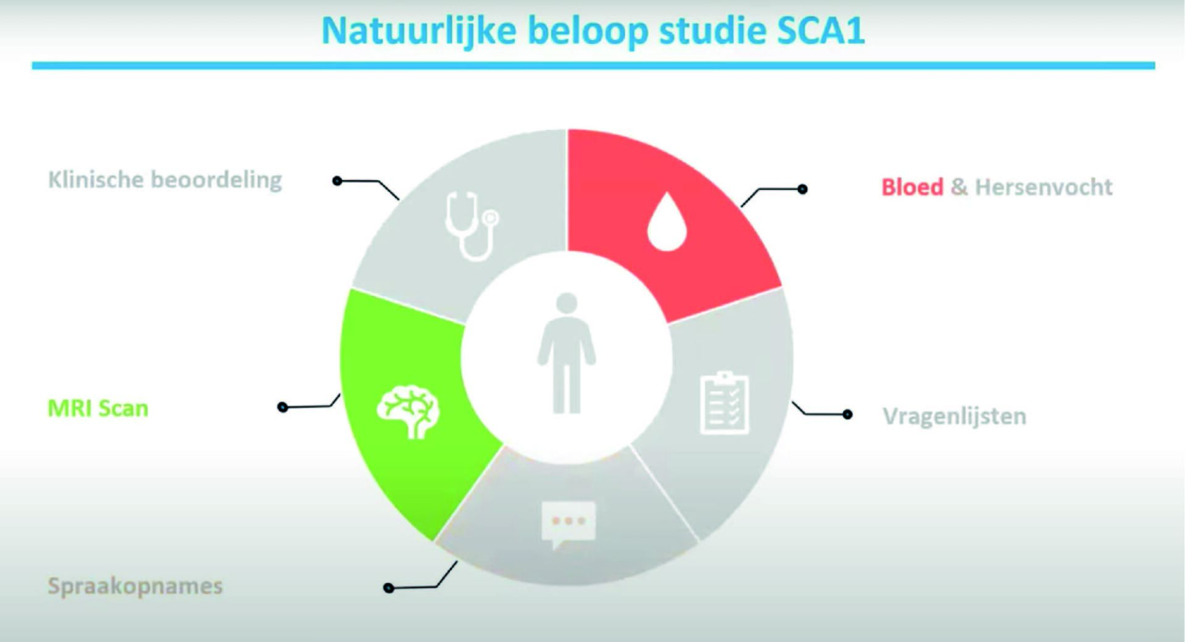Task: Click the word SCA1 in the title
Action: (x=821, y=30)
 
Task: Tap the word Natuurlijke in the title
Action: (x=419, y=30)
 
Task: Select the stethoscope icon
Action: (x=472, y=226)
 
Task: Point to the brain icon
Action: (x=408, y=412)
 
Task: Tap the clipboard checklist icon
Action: (x=725, y=403)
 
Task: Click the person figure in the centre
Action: (x=567, y=353)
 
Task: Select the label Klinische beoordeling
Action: (x=165, y=179)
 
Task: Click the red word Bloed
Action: (x=912, y=187)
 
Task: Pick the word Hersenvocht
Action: (x=1044, y=187)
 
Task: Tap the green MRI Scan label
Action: (x=98, y=408)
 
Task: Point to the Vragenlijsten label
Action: (x=954, y=416)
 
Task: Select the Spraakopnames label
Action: (x=135, y=586)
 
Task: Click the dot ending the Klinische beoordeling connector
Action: (x=337, y=181)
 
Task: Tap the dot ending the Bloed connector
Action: (x=802, y=189)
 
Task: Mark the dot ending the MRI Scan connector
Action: (x=283, y=407)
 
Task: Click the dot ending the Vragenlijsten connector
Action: (x=847, y=414)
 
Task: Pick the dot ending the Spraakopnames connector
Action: (x=389, y=588)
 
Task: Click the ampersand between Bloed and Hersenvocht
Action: (x=959, y=187)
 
